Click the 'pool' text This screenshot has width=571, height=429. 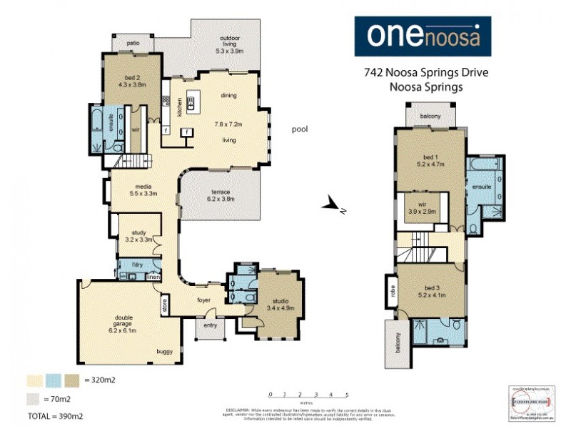[300, 129]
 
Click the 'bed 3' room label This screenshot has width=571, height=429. [429, 286]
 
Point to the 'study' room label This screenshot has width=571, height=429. [138, 232]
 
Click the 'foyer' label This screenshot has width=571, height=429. [205, 300]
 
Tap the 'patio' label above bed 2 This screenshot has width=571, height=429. [133, 44]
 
